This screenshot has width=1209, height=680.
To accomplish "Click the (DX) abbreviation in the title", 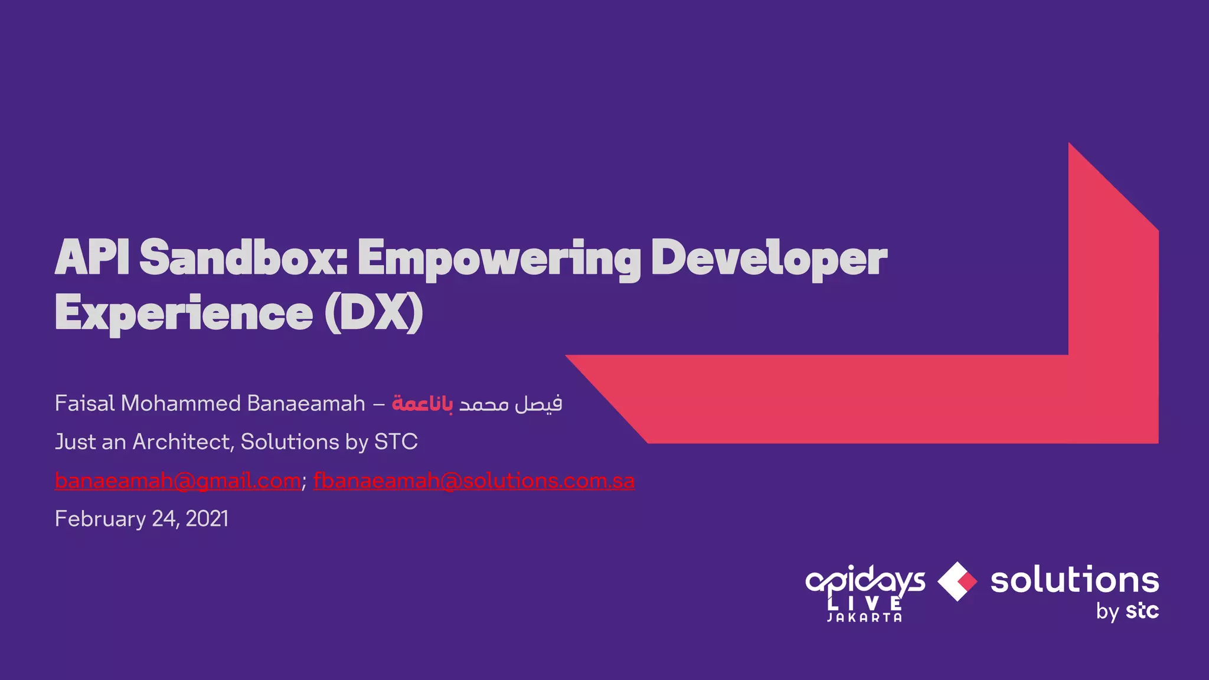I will click(374, 313).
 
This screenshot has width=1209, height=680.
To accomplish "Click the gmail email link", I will click(178, 481).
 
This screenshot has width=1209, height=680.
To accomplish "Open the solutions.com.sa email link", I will click(473, 481).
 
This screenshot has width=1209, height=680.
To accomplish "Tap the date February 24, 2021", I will click(142, 519).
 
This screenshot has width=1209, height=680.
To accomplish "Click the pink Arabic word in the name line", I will click(423, 404).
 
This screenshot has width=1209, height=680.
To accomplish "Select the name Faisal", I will click(84, 404).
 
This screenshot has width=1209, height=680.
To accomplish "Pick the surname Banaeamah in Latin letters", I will click(306, 404).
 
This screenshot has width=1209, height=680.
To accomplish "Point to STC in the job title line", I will click(396, 442).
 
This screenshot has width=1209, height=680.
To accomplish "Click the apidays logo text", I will click(865, 581).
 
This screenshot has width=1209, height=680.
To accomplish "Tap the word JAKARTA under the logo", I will click(865, 618).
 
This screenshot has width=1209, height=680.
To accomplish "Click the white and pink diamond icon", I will click(957, 582).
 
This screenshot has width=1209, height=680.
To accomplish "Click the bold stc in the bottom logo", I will click(1142, 611).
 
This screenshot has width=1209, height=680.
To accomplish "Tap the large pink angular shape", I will click(885, 398).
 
